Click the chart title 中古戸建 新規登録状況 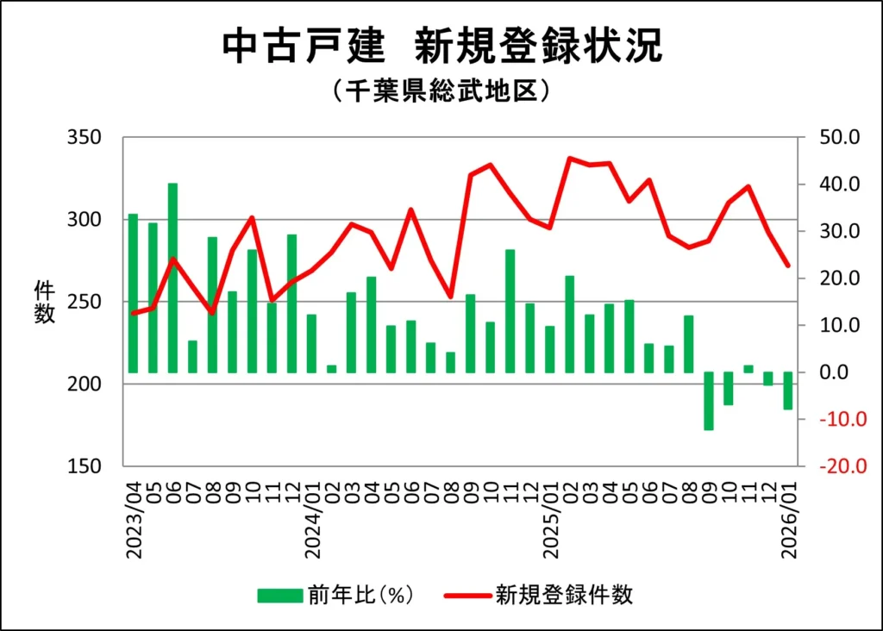click(441, 47)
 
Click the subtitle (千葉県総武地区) click(441, 91)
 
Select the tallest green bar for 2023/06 click(172, 278)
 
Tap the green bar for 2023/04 click(133, 293)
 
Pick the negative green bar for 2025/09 click(709, 401)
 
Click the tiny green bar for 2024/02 click(332, 369)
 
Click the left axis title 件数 click(45, 302)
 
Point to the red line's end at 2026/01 click(788, 266)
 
